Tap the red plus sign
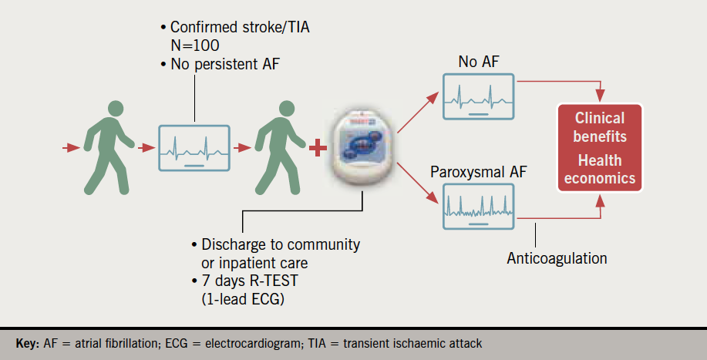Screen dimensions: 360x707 317,146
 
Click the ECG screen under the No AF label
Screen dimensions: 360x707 478,96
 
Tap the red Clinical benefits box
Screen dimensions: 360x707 600,147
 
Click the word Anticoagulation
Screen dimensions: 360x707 556,258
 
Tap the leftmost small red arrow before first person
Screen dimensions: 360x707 72,146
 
